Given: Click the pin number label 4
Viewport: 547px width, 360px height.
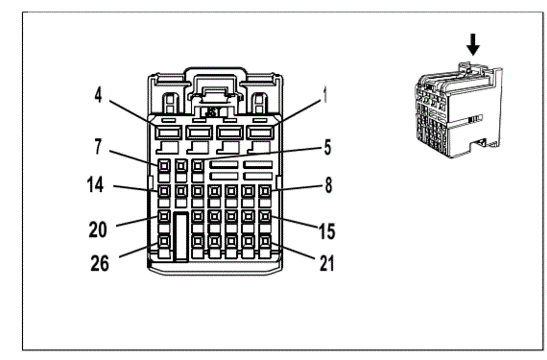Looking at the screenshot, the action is click(99, 95).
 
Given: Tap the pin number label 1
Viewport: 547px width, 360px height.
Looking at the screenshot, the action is click(325, 95).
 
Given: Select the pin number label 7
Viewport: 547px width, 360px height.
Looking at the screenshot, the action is click(99, 147).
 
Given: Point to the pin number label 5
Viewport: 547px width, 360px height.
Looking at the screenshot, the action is click(327, 147).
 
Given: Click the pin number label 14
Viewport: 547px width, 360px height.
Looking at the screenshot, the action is click(95, 184).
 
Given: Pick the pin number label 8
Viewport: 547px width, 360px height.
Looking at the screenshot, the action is click(328, 185).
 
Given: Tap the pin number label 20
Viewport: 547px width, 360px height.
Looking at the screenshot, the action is click(98, 229).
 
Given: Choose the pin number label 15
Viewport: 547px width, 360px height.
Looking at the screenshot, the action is click(327, 231).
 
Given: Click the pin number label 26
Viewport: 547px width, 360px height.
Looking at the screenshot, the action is click(100, 263).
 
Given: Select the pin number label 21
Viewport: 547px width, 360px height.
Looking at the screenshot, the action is click(327, 263).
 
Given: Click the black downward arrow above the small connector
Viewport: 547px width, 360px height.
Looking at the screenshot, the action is click(473, 44).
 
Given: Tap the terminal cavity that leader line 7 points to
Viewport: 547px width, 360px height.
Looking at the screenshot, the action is click(164, 165).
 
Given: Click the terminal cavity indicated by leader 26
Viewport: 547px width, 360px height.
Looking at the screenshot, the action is click(164, 241).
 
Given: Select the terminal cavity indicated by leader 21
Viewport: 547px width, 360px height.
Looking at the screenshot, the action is click(265, 241).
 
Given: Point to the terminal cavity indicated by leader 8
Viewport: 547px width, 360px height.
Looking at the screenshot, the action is click(265, 191).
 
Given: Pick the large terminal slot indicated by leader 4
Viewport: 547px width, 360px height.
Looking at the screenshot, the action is click(169, 132).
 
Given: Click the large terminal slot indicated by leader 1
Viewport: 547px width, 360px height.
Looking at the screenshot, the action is click(260, 132).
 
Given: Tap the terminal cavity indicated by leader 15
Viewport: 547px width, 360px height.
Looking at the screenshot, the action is click(265, 216).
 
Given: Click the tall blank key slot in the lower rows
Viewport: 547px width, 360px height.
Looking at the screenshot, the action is click(181, 236).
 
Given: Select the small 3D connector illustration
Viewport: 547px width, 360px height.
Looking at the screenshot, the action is click(459, 110).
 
